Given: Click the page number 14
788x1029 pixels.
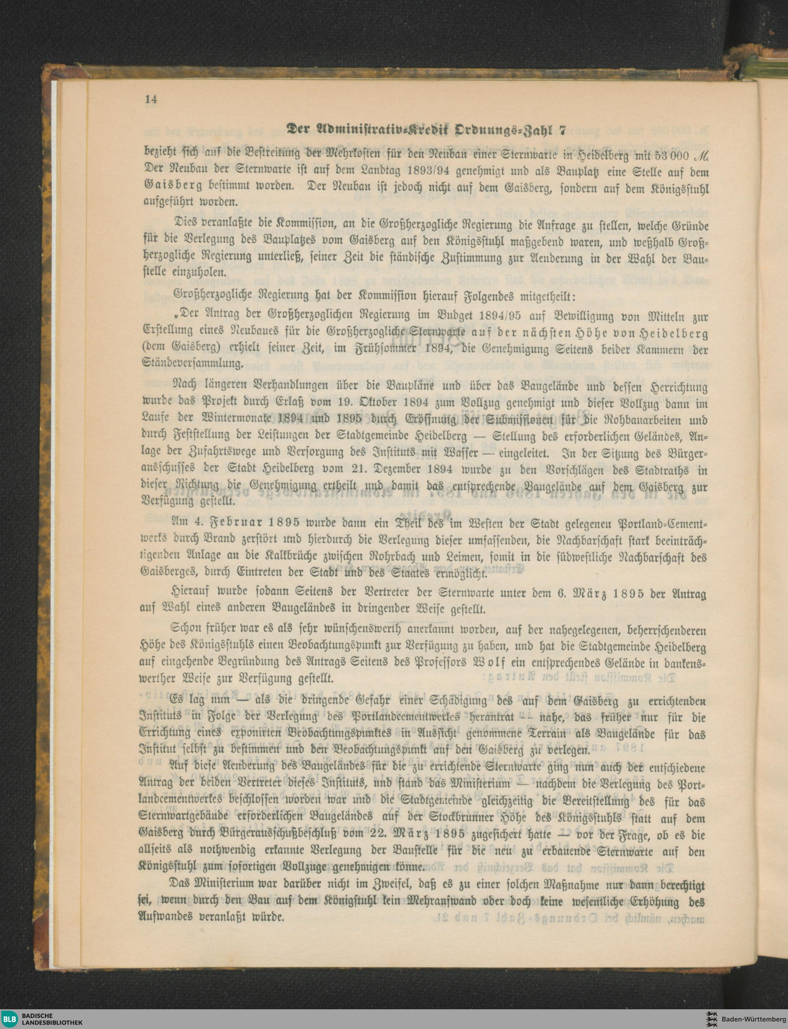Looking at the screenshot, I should pos(151,99).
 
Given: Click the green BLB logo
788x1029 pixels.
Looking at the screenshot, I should pos(9,1019).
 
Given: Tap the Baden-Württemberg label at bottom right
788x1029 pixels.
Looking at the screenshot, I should pos(746,1019).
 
